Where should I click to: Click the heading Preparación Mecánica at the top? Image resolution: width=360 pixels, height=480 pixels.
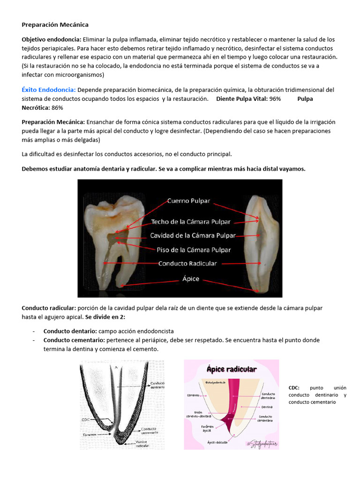point(55,24)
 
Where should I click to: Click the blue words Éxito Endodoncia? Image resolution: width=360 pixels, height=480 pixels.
point(49,90)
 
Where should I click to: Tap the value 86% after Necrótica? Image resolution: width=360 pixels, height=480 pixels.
point(57,107)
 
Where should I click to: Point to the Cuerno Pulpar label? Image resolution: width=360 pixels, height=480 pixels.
point(189,201)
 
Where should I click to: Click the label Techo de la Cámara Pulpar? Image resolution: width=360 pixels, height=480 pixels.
point(190,222)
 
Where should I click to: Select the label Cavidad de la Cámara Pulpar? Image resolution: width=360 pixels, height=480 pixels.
point(193,235)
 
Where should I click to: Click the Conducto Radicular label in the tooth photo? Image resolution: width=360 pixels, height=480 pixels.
point(187,263)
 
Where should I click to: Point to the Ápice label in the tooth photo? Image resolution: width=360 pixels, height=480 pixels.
point(190,279)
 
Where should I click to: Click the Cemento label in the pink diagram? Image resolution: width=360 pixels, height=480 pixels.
point(194,395)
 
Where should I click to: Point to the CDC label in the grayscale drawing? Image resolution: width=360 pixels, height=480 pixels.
point(85,420)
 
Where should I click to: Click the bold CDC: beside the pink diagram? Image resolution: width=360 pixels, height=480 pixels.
point(294,388)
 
